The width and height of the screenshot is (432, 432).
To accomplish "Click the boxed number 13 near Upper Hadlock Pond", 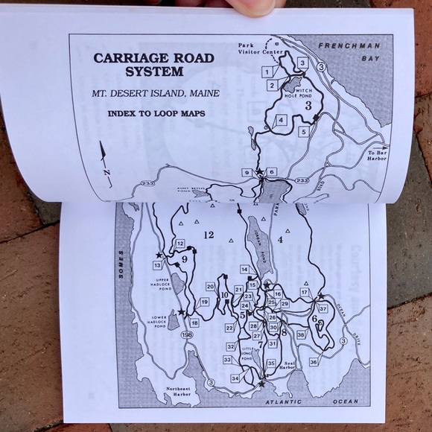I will coord(157,265).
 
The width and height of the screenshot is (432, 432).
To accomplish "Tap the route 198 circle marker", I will coord(186,335).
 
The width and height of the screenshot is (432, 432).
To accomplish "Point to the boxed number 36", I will coord(313,362).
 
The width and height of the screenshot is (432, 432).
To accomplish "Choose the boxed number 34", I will coord(235,378).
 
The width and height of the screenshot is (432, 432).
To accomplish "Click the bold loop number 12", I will coord(208,235).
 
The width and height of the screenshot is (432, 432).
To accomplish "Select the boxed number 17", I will coord(304,292).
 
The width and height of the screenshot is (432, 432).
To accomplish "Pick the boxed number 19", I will coord(204,302).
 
